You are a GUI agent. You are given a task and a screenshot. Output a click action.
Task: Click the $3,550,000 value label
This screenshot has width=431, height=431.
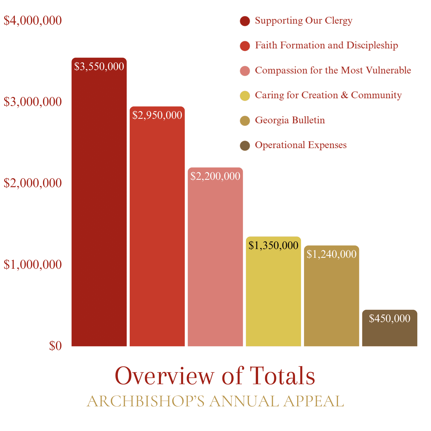99,66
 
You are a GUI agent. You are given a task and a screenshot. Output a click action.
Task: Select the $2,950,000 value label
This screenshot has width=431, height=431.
157,115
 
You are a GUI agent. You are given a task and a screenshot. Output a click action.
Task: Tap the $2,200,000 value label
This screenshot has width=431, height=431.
215,176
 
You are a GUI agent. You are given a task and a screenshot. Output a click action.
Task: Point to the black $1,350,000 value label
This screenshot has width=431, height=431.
273,245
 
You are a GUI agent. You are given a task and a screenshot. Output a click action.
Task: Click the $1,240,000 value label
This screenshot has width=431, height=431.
331,254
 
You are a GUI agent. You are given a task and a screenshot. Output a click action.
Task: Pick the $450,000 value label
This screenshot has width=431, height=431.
389,319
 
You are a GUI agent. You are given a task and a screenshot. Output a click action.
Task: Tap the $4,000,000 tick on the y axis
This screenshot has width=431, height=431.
33,21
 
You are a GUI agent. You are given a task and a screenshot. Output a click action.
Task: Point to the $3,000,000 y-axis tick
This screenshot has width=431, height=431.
33,102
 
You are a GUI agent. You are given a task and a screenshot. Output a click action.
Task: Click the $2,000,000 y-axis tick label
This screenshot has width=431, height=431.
33,183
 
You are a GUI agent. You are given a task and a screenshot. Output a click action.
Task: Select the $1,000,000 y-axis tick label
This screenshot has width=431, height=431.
33,265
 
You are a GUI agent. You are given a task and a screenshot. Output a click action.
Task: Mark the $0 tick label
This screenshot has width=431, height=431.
55,346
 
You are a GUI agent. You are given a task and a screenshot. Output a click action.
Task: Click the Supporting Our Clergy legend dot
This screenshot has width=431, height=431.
245,21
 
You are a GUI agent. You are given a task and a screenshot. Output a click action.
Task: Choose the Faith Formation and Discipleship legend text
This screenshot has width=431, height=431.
326,45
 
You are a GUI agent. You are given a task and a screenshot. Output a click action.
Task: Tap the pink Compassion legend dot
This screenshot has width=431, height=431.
245,71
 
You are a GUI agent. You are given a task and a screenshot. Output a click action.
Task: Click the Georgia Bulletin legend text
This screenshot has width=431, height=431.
290,120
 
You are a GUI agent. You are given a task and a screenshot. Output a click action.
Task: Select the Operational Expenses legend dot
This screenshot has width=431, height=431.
245,146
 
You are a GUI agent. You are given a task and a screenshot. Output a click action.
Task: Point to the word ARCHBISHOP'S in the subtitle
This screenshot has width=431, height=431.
145,401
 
